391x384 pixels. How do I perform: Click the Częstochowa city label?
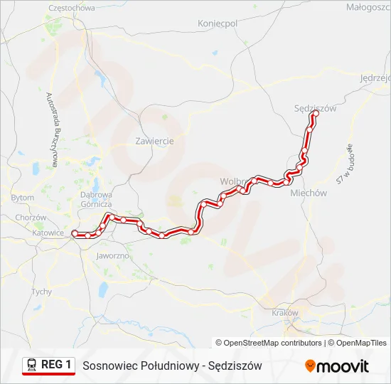coord(71,8)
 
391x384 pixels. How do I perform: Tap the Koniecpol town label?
coord(217,23)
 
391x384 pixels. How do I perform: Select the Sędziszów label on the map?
coord(314,109)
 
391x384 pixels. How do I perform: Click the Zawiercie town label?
coord(154,141)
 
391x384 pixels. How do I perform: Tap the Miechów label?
coord(309,193)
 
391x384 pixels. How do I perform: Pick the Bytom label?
coord(22,197)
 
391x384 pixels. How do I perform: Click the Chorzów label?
coord(31,218)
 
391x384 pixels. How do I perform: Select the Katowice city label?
coord(49,233)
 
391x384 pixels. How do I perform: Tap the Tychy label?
coord(41,292)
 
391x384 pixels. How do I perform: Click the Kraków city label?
coord(285,312)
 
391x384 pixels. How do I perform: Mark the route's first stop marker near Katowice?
coord(77,235)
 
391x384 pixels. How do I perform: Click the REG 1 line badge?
coord(48,365)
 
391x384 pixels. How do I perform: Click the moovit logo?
coord(337,366)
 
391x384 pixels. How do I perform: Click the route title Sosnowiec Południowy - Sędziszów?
coord(172,366)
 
